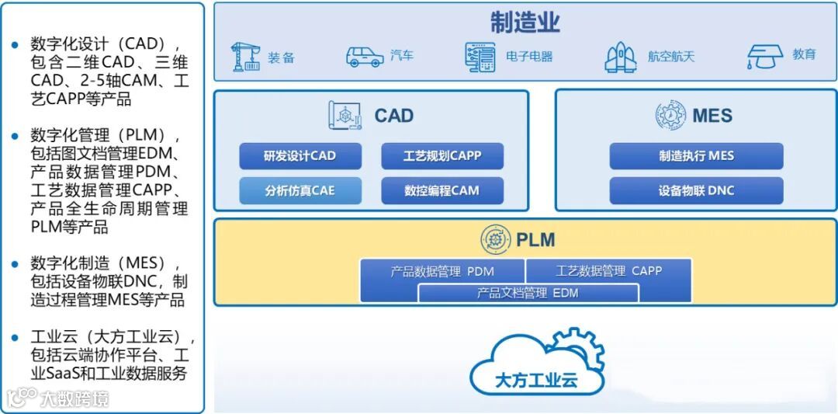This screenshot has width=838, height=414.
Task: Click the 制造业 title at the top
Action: (x=525, y=23)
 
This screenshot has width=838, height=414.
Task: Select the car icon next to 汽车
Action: (x=364, y=57)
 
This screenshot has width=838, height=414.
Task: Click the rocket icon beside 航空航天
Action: (x=620, y=57)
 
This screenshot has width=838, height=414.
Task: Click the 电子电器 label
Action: (x=529, y=57)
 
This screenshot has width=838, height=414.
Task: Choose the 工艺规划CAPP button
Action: (x=442, y=155)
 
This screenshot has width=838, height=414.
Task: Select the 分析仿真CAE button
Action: (x=300, y=190)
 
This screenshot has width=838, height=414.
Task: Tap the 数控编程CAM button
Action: (x=442, y=190)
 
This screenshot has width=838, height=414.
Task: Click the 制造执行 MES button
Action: (x=696, y=155)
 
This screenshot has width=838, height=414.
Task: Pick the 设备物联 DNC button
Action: (x=696, y=190)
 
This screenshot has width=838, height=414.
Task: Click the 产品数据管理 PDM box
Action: (x=442, y=271)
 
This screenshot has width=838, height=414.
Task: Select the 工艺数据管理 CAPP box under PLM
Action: (x=608, y=271)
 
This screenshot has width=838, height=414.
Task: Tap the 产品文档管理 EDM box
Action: (x=528, y=293)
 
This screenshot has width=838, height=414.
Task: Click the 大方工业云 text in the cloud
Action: (x=536, y=381)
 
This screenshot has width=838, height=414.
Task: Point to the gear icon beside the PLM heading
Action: (x=494, y=239)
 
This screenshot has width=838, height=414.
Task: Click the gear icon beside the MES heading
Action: (x=670, y=116)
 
